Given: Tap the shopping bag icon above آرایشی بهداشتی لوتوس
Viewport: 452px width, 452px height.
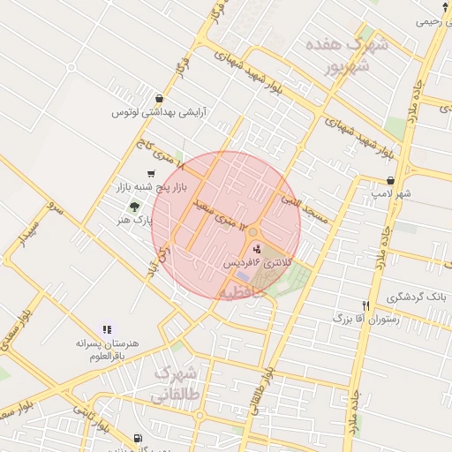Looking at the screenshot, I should pyautogui.click(x=158, y=99).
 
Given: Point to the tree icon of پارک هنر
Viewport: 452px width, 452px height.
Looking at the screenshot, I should pyautogui.click(x=134, y=206).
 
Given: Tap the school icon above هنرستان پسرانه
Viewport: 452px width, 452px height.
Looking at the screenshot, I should pyautogui.click(x=108, y=329).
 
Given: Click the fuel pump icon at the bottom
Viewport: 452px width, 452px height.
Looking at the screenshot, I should pyautogui.click(x=137, y=439).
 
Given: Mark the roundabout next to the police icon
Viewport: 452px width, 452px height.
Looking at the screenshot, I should pyautogui.click(x=253, y=232).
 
